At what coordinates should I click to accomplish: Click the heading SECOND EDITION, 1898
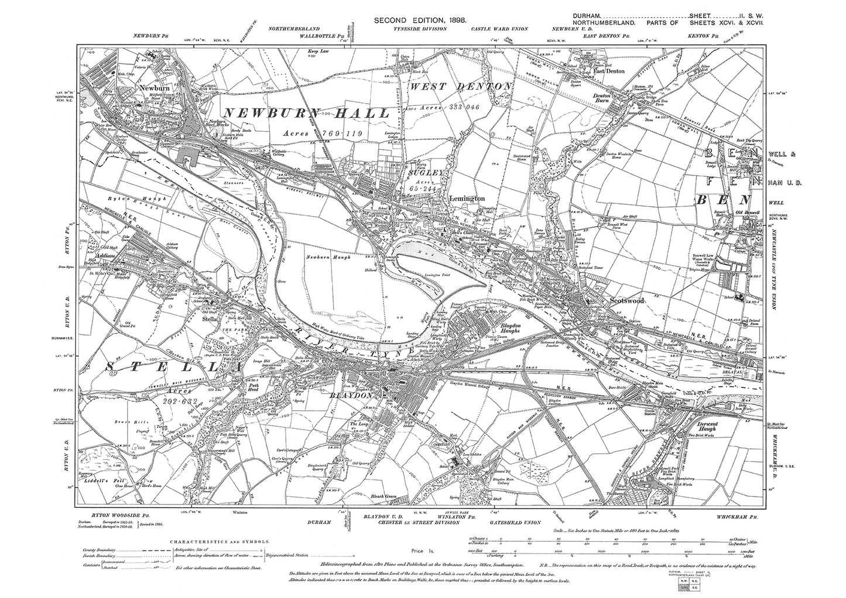point(420,21)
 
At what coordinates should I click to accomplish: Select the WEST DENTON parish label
point(461,87)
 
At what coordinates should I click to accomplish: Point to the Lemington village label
point(467,198)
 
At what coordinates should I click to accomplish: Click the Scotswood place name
point(626,300)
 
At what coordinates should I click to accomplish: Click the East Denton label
point(609,71)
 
